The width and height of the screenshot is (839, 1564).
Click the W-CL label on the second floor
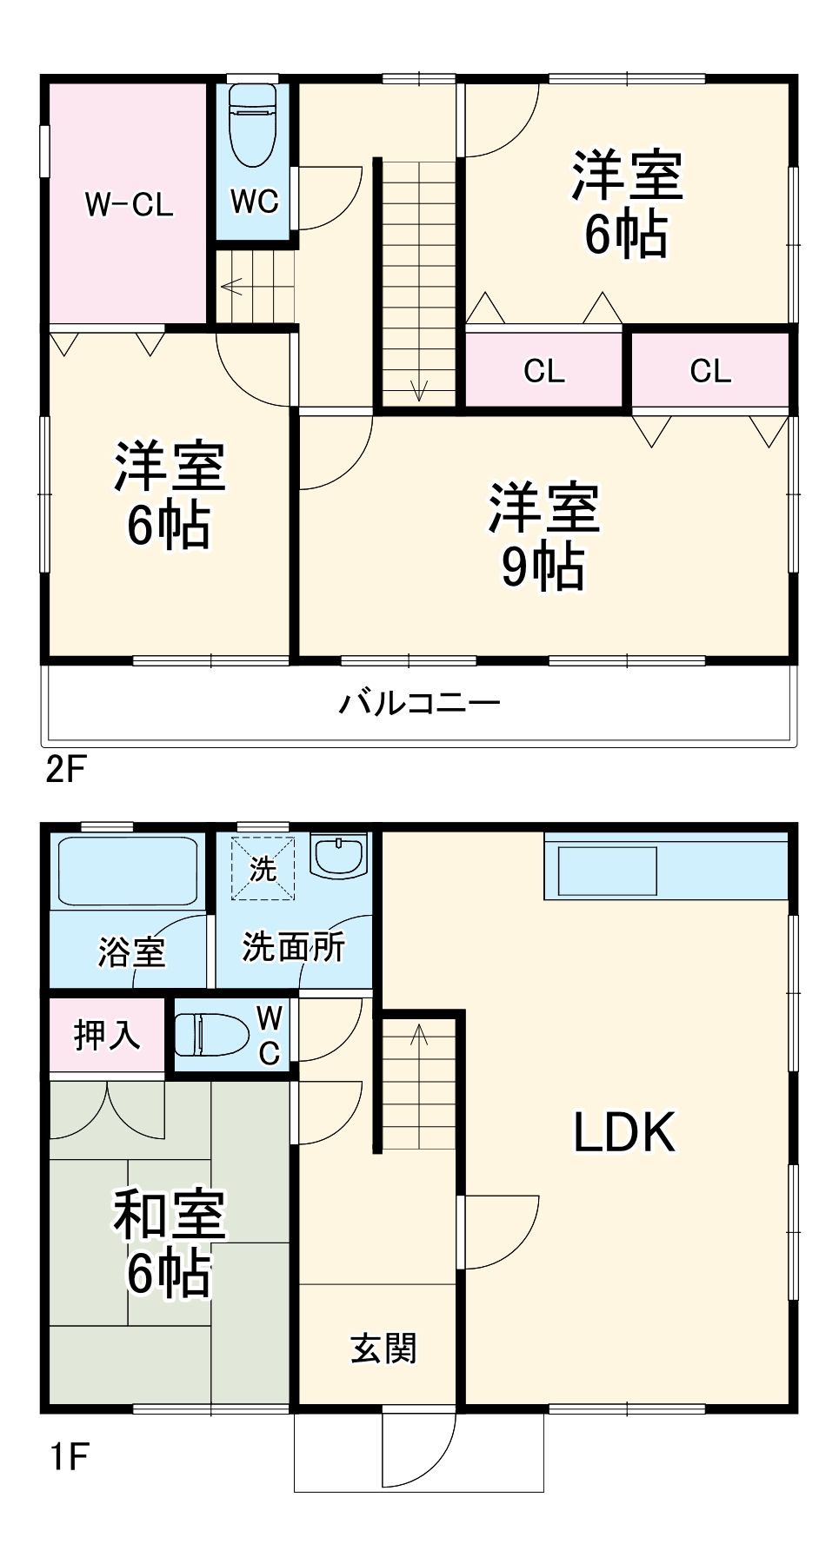[x=129, y=205]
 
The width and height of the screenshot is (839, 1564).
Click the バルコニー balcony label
[x=419, y=702]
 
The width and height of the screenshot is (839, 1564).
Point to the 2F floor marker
[x=66, y=769]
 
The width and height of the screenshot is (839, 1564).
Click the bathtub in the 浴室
[x=128, y=871]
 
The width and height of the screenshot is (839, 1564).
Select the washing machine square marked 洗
[x=263, y=868]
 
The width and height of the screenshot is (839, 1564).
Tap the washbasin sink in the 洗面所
[x=340, y=857]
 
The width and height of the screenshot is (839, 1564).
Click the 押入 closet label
[x=107, y=1035]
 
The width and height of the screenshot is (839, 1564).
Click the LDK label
[x=624, y=1132]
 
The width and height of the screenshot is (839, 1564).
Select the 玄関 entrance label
[x=383, y=1349]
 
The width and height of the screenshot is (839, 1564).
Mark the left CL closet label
[x=544, y=371]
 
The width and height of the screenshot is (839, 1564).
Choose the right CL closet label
[x=710, y=371]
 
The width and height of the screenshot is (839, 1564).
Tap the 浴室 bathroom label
[x=131, y=951]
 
